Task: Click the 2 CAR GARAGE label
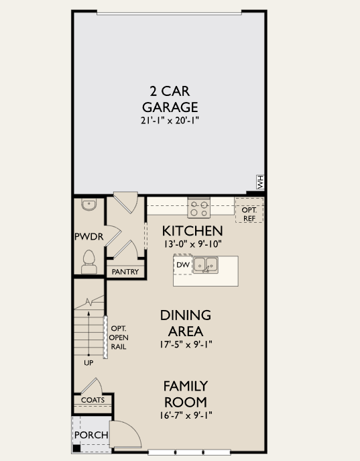coord(170,99)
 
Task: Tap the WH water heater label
coord(259,181)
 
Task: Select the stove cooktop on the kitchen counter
coord(198,209)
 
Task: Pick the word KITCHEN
coord(192,231)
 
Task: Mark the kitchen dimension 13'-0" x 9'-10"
coord(192,244)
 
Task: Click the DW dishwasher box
coord(182,265)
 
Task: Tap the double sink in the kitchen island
coord(206,265)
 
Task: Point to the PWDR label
coord(87,237)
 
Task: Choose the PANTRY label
coord(125,272)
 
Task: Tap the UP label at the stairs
coord(88,363)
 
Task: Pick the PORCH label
coord(91,435)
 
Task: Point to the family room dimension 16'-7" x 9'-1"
coord(185,415)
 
